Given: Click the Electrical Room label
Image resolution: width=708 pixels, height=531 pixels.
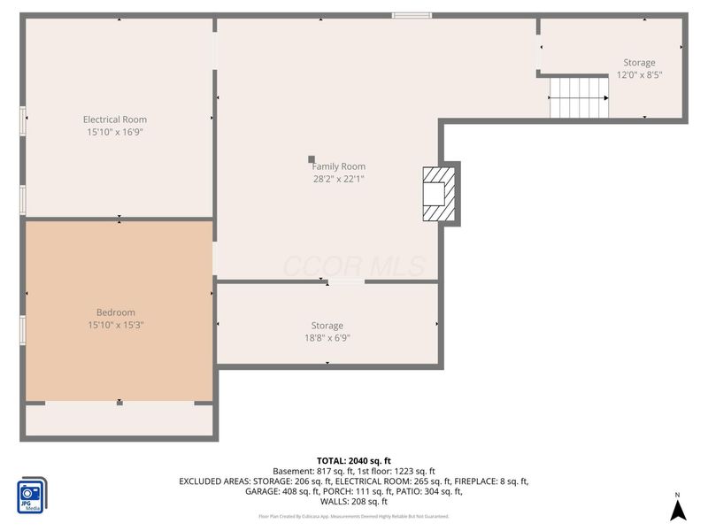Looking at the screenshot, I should (115, 119).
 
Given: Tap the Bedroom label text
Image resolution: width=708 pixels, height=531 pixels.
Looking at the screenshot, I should (116, 312).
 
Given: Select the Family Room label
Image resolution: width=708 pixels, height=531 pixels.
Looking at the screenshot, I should (338, 166).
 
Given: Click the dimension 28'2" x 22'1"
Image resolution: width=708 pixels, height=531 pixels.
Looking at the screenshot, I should (338, 179).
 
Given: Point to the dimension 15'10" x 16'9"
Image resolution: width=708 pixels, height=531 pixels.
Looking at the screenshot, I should (115, 132).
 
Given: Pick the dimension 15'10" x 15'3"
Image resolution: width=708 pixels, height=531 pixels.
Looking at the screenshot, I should (116, 325).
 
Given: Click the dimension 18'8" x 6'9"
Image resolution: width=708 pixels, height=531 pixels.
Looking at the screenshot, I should (327, 338).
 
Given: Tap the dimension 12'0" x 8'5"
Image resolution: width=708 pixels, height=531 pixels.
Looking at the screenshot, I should (639, 75).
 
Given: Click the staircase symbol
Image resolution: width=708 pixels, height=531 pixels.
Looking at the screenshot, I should (579, 97).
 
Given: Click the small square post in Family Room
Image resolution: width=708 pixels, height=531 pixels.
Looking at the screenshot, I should (312, 159).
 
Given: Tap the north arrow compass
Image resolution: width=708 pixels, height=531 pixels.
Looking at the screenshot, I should (677, 509).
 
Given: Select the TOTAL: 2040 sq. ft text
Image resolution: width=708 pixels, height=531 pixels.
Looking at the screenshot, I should (353, 460).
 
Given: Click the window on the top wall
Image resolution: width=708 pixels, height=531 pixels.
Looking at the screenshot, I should (412, 15).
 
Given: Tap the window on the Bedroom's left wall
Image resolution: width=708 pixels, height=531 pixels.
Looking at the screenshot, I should (23, 329).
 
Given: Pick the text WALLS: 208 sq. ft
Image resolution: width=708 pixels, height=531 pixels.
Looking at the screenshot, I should (353, 502).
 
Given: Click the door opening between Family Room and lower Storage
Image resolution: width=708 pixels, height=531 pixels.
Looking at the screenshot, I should (345, 281).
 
